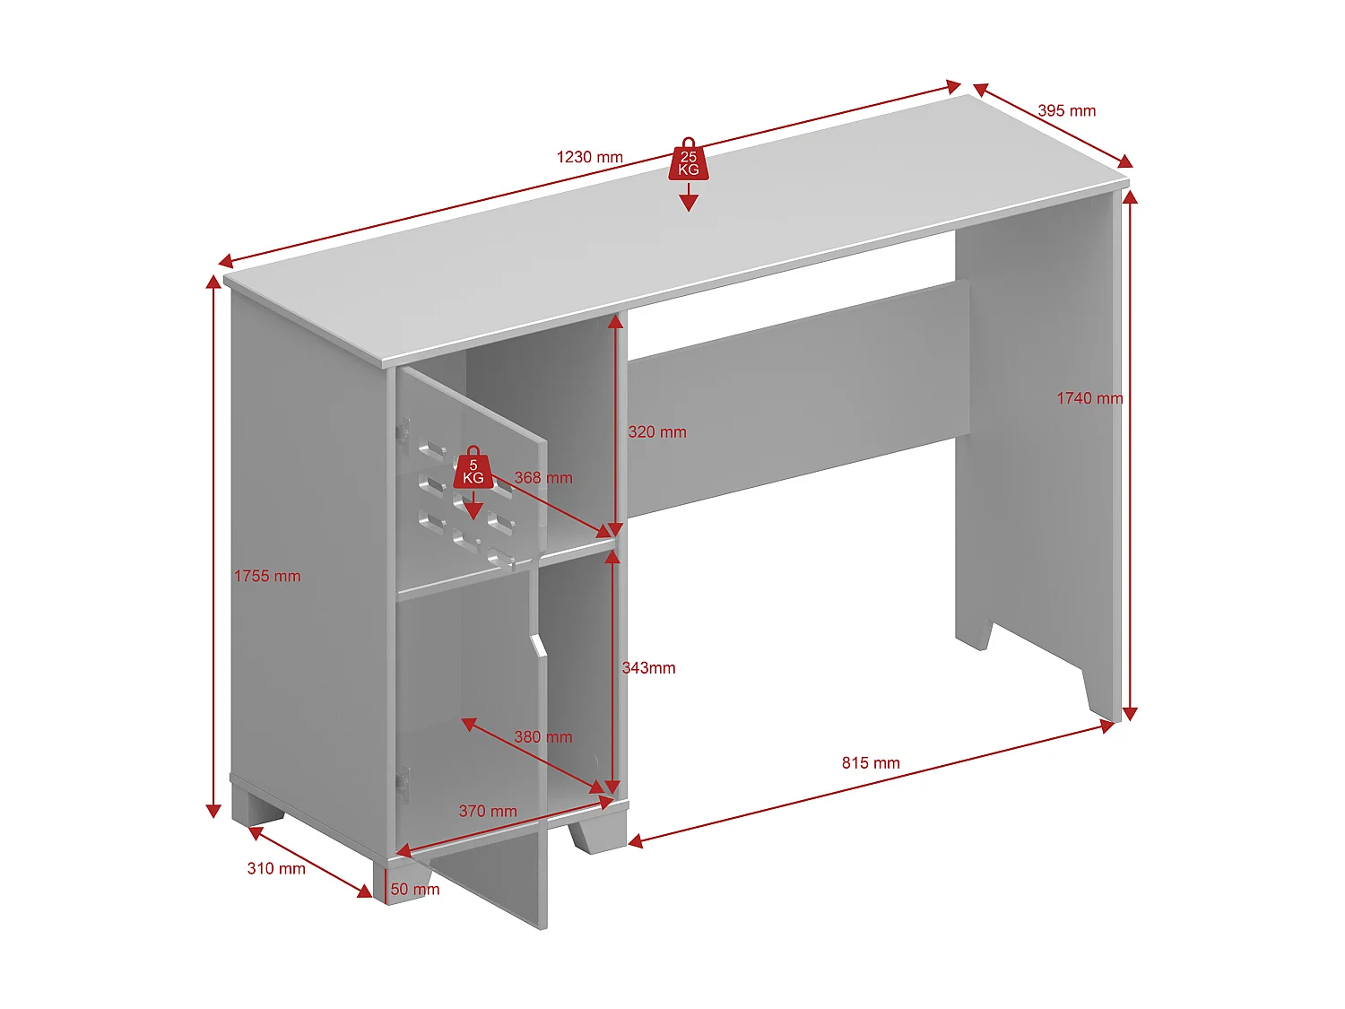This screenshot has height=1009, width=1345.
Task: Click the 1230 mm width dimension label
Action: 589,157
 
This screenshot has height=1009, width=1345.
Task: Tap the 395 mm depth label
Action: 1066,111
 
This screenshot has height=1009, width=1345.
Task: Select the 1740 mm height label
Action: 1089,398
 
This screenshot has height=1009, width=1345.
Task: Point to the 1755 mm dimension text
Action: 267,576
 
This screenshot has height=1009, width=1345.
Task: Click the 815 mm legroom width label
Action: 870,763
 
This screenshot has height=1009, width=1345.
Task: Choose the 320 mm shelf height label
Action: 657,432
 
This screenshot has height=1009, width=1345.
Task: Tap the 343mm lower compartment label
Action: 648,668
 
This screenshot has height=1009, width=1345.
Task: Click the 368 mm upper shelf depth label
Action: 542,478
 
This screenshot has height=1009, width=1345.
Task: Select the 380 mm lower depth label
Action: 542,737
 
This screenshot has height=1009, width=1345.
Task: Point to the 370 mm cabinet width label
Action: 488,812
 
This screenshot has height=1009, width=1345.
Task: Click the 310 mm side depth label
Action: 276,869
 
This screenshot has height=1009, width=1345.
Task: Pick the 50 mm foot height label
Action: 415,890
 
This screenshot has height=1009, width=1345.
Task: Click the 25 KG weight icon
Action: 688,161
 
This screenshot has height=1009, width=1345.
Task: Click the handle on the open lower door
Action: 538,647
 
